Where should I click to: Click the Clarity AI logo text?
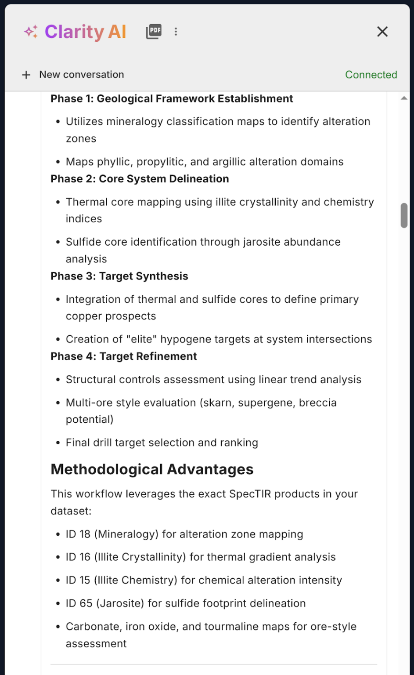(86, 32)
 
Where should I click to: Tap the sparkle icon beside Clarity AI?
(31, 32)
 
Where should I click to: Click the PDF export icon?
(154, 32)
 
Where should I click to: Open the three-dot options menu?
(176, 32)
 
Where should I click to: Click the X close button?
(382, 32)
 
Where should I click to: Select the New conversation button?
(73, 75)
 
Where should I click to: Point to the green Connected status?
(371, 75)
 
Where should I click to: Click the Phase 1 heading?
(172, 99)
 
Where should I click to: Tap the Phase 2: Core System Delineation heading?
(140, 179)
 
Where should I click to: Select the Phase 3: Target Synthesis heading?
(119, 276)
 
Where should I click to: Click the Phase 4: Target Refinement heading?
(124, 356)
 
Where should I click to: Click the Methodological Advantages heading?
(152, 469)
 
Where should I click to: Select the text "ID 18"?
(78, 534)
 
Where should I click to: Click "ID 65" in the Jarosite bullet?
(79, 604)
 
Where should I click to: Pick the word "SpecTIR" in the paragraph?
(250, 494)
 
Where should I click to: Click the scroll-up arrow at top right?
(404, 98)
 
